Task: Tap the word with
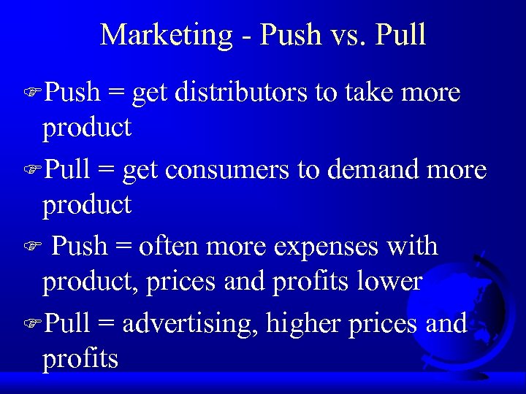(x=412, y=247)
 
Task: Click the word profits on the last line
(x=80, y=359)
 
